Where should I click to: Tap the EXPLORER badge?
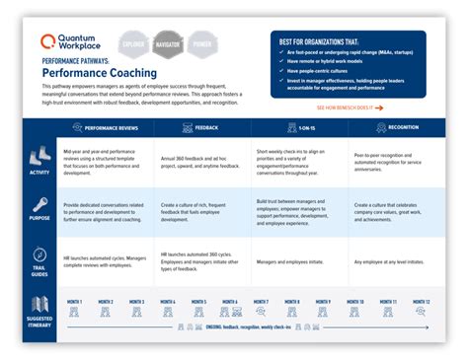click(134, 45)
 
